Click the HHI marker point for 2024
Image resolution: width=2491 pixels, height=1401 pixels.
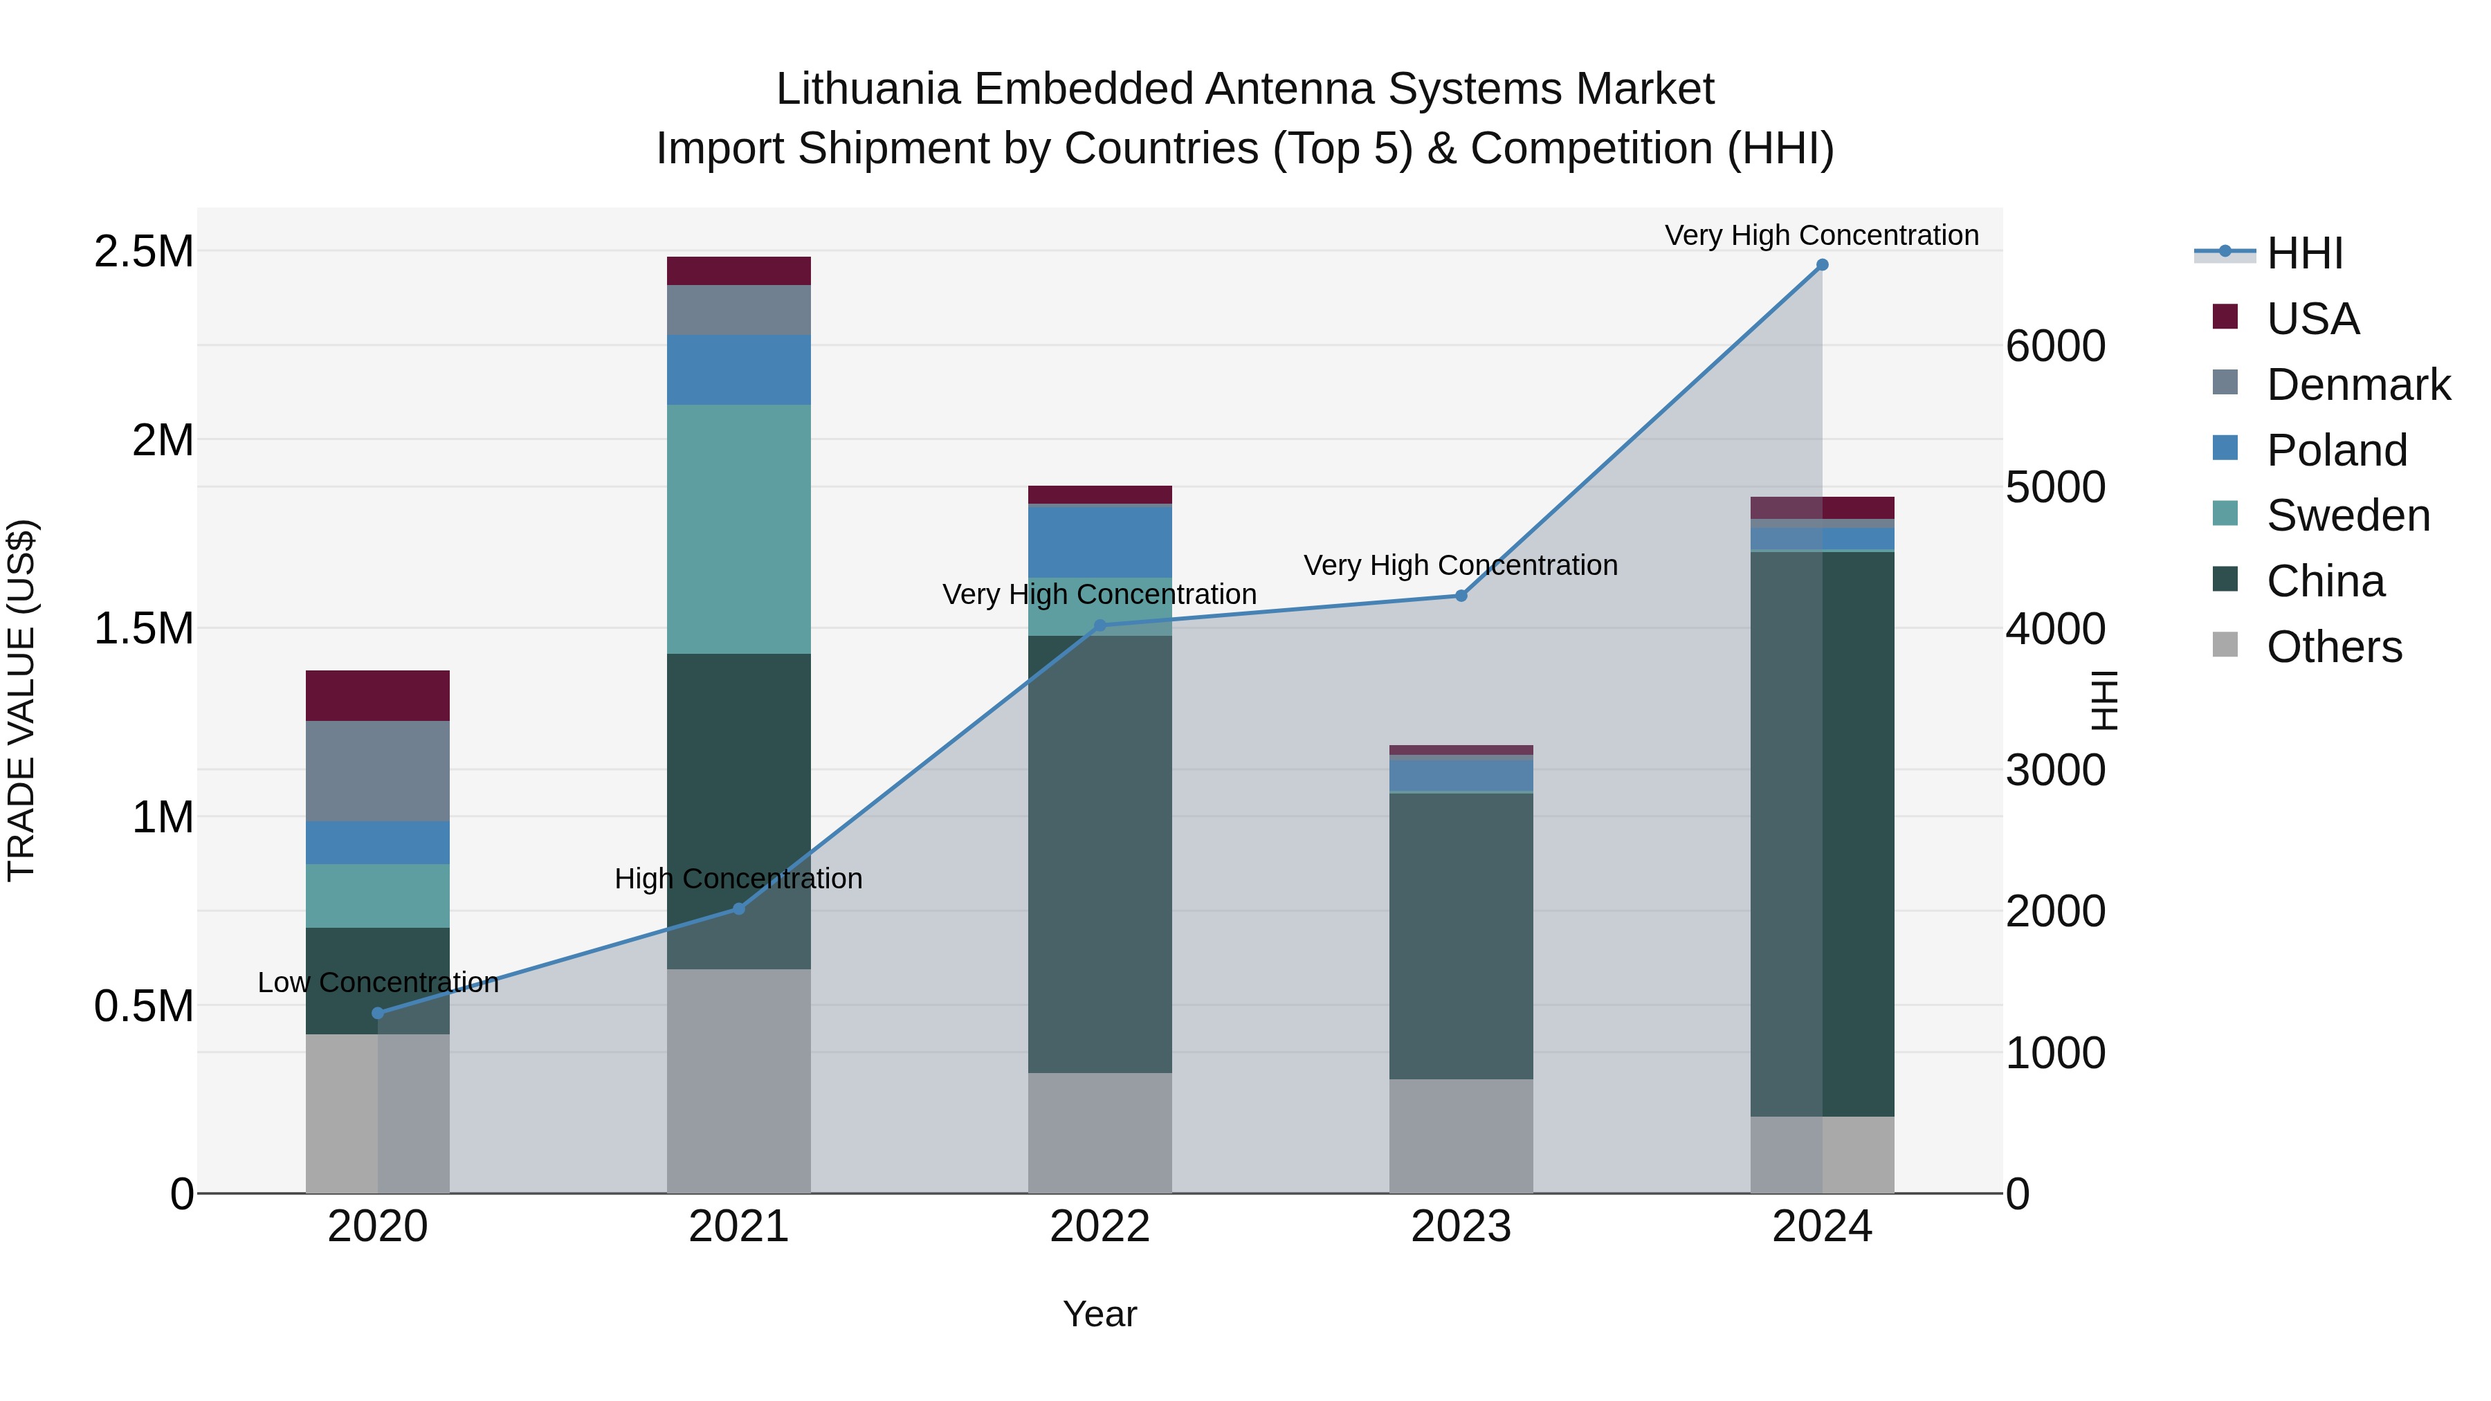point(1822,265)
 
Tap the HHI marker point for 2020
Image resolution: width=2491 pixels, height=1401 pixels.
point(378,1014)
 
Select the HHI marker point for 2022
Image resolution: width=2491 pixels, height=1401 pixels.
point(1099,625)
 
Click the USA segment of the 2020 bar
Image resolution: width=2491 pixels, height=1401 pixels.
point(378,695)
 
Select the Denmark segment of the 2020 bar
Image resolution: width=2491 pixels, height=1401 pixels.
point(378,771)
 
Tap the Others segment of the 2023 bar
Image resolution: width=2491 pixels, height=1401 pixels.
point(1461,1135)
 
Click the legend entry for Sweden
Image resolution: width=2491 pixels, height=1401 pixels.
point(2347,515)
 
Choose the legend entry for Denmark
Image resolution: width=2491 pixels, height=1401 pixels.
point(2357,385)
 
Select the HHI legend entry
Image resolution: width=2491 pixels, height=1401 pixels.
point(2303,253)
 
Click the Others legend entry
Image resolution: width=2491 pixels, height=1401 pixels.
point(2333,647)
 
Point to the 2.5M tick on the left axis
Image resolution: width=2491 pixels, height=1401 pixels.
point(143,251)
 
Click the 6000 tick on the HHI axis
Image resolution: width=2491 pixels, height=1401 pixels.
point(2055,346)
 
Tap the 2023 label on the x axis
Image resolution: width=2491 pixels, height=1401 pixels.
point(1461,1227)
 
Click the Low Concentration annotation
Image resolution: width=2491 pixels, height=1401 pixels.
point(378,982)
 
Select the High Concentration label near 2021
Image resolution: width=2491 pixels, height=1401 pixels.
point(739,879)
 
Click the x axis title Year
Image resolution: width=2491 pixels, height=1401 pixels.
point(1099,1314)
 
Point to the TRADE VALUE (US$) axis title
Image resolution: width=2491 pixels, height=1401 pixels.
point(21,700)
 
